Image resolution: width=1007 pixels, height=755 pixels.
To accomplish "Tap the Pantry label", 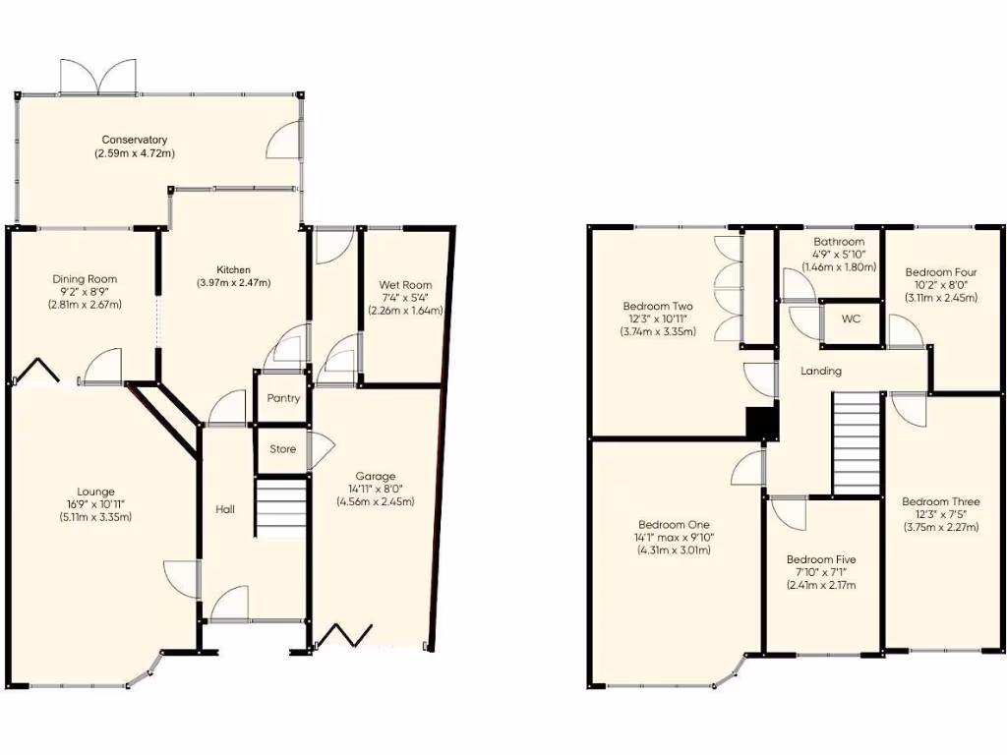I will pyautogui.click(x=283, y=399).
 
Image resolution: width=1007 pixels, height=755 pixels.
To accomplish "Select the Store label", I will pyautogui.click(x=283, y=449).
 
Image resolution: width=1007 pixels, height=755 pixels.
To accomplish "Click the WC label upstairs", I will pyautogui.click(x=850, y=319).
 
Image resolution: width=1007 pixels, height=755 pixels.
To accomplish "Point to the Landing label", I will pyautogui.click(x=821, y=372).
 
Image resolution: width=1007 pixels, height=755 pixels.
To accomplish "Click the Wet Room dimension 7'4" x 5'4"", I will pyautogui.click(x=404, y=298).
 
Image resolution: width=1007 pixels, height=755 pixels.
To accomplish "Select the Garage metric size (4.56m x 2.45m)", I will pyautogui.click(x=375, y=501).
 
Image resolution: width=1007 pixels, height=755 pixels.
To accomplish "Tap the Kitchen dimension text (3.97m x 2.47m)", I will pyautogui.click(x=234, y=283).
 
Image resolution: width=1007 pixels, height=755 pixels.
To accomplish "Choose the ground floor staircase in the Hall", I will pyautogui.click(x=281, y=506).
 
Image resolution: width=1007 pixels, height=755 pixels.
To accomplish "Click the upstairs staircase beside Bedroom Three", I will pyautogui.click(x=856, y=443).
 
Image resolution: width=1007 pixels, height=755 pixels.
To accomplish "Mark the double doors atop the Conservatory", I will pyautogui.click(x=96, y=78).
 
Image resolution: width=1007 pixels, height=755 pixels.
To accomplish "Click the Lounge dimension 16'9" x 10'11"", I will pyautogui.click(x=96, y=504).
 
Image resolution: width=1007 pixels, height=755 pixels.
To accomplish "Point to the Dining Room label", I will pyautogui.click(x=85, y=279).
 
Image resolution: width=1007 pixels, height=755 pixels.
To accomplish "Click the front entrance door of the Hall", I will pyautogui.click(x=230, y=605).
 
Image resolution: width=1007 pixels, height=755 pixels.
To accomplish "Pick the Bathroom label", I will pyautogui.click(x=839, y=242).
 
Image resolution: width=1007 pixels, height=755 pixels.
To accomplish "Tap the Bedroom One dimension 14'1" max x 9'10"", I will pyautogui.click(x=674, y=538).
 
